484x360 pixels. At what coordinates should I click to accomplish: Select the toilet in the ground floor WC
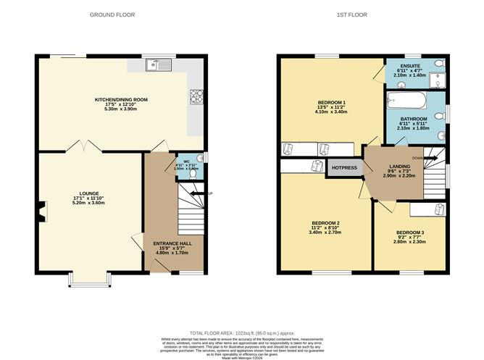coord(193,174)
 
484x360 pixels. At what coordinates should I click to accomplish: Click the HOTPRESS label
coord(345,168)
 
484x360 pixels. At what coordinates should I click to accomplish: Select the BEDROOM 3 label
coord(411,233)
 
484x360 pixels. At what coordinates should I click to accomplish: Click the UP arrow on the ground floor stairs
coord(209,193)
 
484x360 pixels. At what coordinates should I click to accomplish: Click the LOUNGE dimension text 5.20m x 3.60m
coord(88,204)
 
